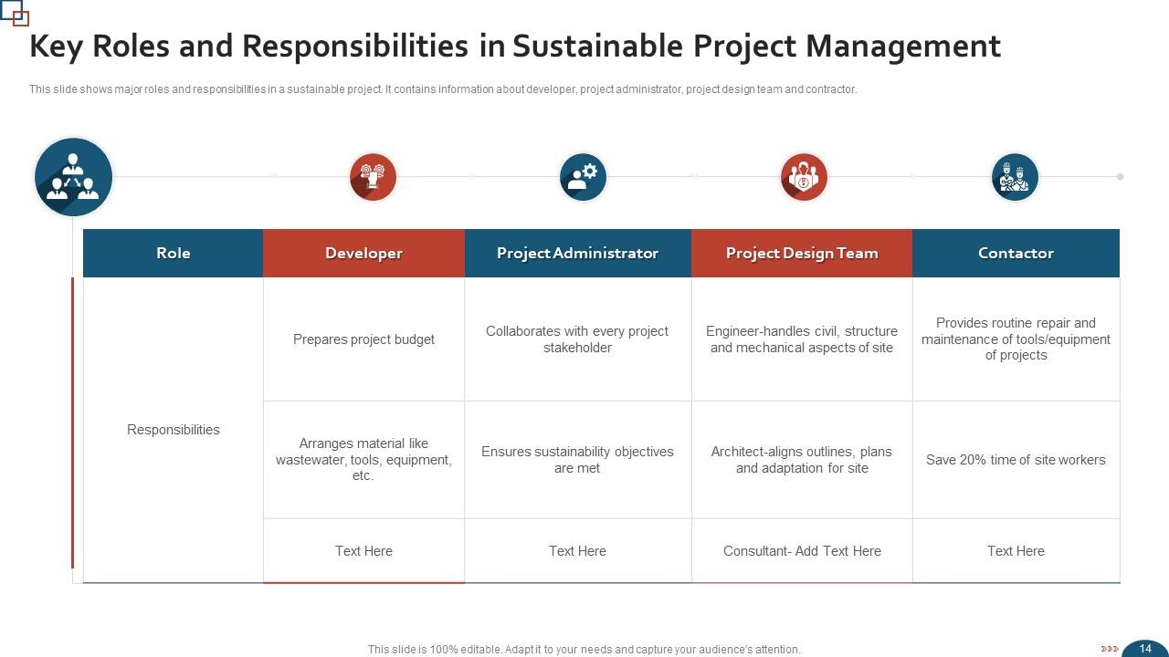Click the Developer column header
click(x=363, y=253)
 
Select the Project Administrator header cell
click(x=577, y=253)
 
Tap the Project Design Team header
click(x=802, y=253)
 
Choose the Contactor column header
click(x=1016, y=253)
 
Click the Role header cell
click(x=173, y=253)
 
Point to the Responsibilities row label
click(x=173, y=430)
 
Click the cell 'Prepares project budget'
click(x=363, y=339)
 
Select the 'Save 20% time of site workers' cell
click(x=1016, y=460)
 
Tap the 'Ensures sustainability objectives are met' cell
click(x=577, y=460)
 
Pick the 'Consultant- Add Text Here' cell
click(x=802, y=551)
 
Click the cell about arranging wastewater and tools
click(x=363, y=460)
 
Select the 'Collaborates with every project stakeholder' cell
click(x=577, y=339)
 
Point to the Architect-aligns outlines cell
click(x=802, y=460)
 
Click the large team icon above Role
click(x=73, y=177)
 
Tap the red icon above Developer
click(x=373, y=177)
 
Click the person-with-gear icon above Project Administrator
click(x=583, y=177)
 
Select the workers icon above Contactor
click(x=1015, y=177)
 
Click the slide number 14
click(x=1145, y=649)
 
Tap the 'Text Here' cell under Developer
click(x=363, y=551)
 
